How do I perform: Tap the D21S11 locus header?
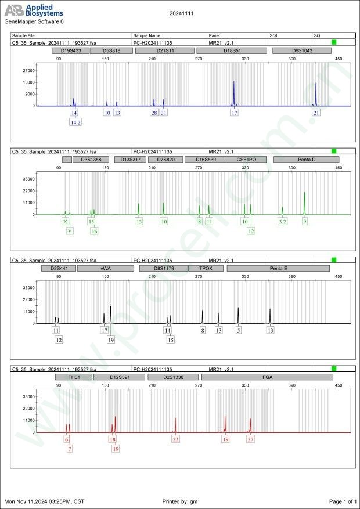pyautogui.click(x=163, y=51)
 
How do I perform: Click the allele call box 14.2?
pyautogui.click(x=75, y=122)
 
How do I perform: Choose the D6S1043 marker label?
pyautogui.click(x=302, y=51)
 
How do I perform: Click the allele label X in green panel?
pyautogui.click(x=65, y=222)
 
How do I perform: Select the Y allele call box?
pyautogui.click(x=70, y=231)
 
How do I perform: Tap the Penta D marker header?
pyautogui.click(x=305, y=159)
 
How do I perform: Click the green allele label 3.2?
pyautogui.click(x=282, y=222)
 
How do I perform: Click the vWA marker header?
pyautogui.click(x=106, y=269)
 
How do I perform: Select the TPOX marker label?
pyautogui.click(x=206, y=269)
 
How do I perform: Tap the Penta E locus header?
pyautogui.click(x=278, y=269)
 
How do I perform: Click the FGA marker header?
pyautogui.click(x=267, y=377)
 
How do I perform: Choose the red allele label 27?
pyautogui.click(x=250, y=439)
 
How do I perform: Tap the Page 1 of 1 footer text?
pyautogui.click(x=343, y=501)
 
